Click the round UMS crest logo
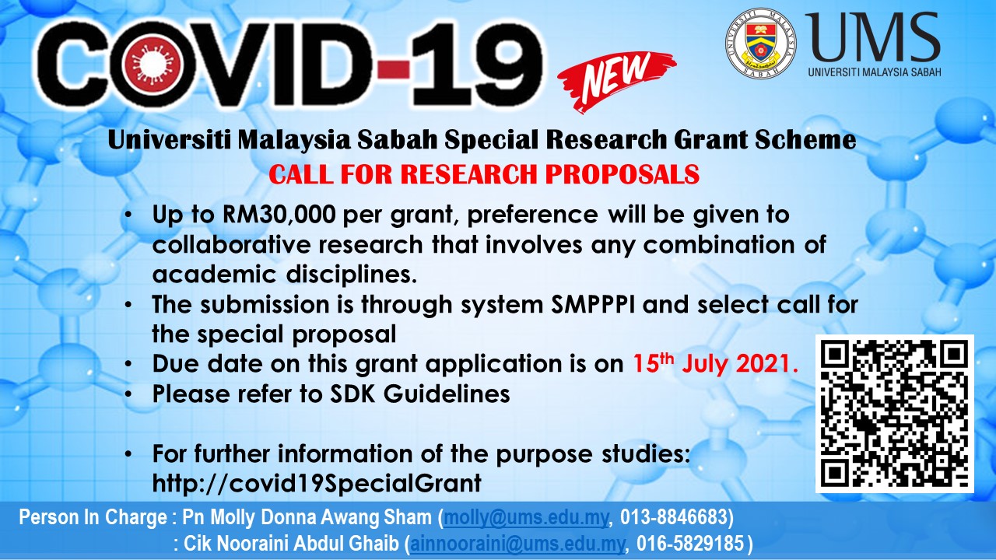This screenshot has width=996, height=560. pyautogui.click(x=760, y=44)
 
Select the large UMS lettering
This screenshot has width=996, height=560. pyautogui.click(x=872, y=37)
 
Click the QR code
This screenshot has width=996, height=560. pyautogui.click(x=895, y=413)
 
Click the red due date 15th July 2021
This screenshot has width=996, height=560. pyautogui.click(x=715, y=362)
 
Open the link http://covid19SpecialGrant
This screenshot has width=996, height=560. pyautogui.click(x=317, y=483)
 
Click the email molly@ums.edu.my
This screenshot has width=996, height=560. pyautogui.click(x=526, y=517)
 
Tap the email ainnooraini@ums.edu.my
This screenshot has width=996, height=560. pyautogui.click(x=517, y=544)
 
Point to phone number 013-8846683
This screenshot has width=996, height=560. pyautogui.click(x=673, y=517)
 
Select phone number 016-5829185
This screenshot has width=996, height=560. pyautogui.click(x=690, y=543)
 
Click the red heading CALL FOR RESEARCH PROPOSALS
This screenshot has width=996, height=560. pyautogui.click(x=484, y=173)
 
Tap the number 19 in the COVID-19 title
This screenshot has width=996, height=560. pyautogui.click(x=477, y=65)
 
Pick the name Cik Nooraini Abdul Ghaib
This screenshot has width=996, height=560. pyautogui.click(x=291, y=544)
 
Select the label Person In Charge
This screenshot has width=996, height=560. pyautogui.click(x=93, y=517)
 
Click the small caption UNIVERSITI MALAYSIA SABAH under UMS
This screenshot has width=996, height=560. pyautogui.click(x=875, y=72)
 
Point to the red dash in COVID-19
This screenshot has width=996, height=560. pyautogui.click(x=395, y=69)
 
